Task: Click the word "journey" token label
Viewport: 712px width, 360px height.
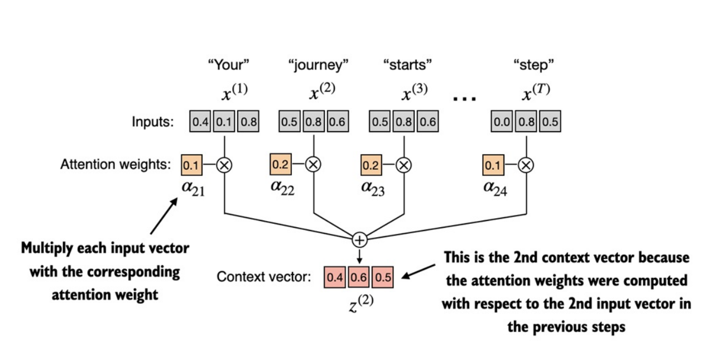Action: tap(318, 65)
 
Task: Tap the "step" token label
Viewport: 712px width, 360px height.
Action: tap(533, 65)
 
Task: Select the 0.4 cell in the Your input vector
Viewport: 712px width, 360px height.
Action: tap(200, 121)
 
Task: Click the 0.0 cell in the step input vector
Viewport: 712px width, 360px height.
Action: tap(502, 121)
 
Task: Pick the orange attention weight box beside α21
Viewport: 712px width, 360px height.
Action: tap(191, 165)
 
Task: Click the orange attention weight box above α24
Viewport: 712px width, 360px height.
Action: tap(493, 165)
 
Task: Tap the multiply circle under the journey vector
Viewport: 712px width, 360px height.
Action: tap(314, 165)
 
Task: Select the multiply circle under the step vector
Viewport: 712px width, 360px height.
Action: tap(526, 165)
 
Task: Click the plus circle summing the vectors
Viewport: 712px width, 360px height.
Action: tap(360, 240)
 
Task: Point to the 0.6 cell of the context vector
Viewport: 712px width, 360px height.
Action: tap(359, 277)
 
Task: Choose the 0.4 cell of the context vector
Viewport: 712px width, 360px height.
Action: tap(335, 277)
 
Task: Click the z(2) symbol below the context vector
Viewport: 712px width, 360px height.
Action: tap(361, 304)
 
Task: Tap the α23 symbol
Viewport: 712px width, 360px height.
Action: tap(373, 188)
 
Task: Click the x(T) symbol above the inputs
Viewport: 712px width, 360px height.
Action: tap(536, 92)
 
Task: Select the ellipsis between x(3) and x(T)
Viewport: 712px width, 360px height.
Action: tap(464, 99)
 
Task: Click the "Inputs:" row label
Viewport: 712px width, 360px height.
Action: tap(153, 122)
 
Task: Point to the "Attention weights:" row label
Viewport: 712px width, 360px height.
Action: tap(116, 165)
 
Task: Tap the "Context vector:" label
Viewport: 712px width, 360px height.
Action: tap(264, 277)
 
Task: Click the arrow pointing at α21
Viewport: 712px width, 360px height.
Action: tap(164, 216)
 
